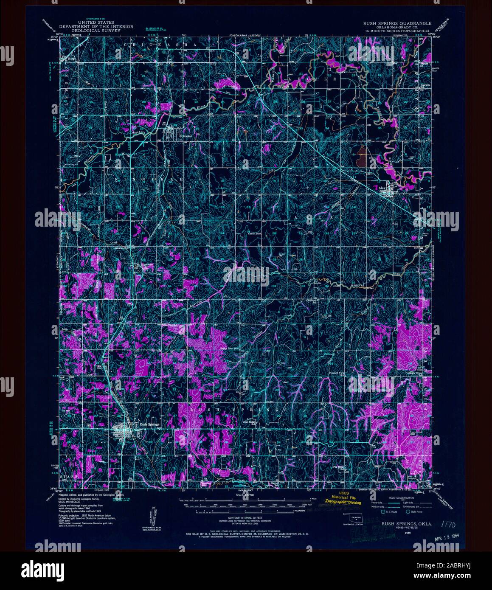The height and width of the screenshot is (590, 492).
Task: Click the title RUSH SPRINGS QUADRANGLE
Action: point(396,23)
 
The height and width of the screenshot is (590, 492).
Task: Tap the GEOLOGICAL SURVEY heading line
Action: point(96,31)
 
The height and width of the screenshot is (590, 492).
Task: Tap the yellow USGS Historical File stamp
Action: point(343,500)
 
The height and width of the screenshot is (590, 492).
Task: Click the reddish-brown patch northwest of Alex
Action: point(362,155)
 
